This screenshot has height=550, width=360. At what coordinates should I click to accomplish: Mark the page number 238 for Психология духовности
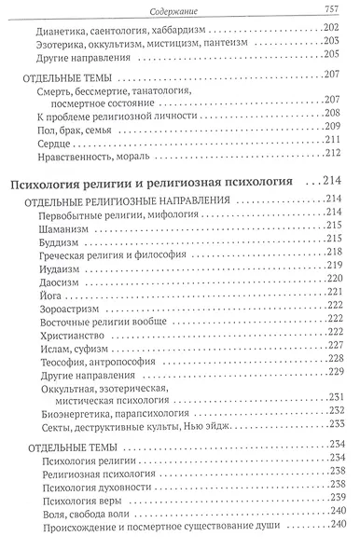336,484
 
